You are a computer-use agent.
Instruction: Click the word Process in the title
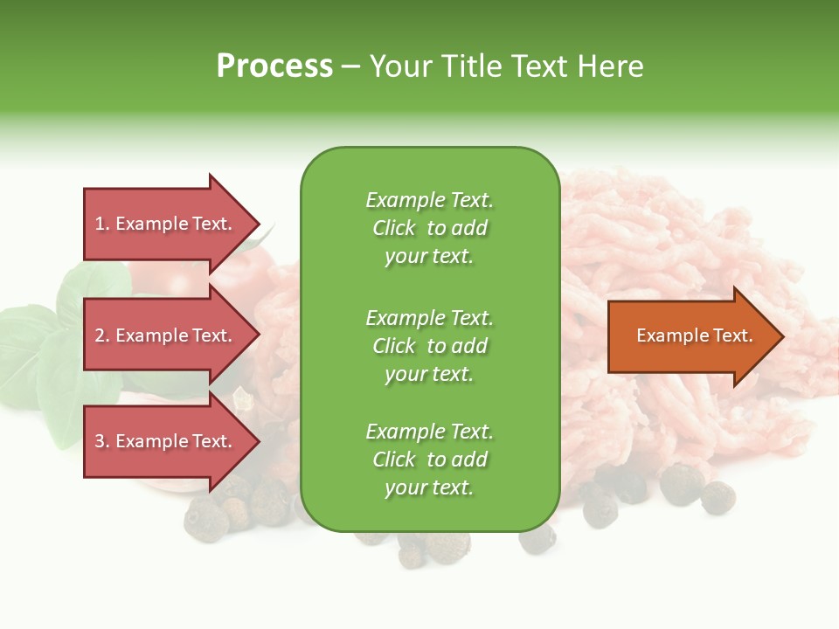(274, 66)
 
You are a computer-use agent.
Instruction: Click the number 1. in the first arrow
(102, 224)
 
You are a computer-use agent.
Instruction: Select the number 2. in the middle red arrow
(102, 335)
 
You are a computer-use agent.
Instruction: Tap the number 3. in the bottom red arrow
(102, 441)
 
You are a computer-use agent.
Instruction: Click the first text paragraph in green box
(429, 228)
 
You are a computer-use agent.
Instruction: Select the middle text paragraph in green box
(429, 346)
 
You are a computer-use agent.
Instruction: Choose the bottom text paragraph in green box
(429, 460)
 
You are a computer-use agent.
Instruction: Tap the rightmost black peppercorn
(718, 497)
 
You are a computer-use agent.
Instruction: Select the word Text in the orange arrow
(732, 335)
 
